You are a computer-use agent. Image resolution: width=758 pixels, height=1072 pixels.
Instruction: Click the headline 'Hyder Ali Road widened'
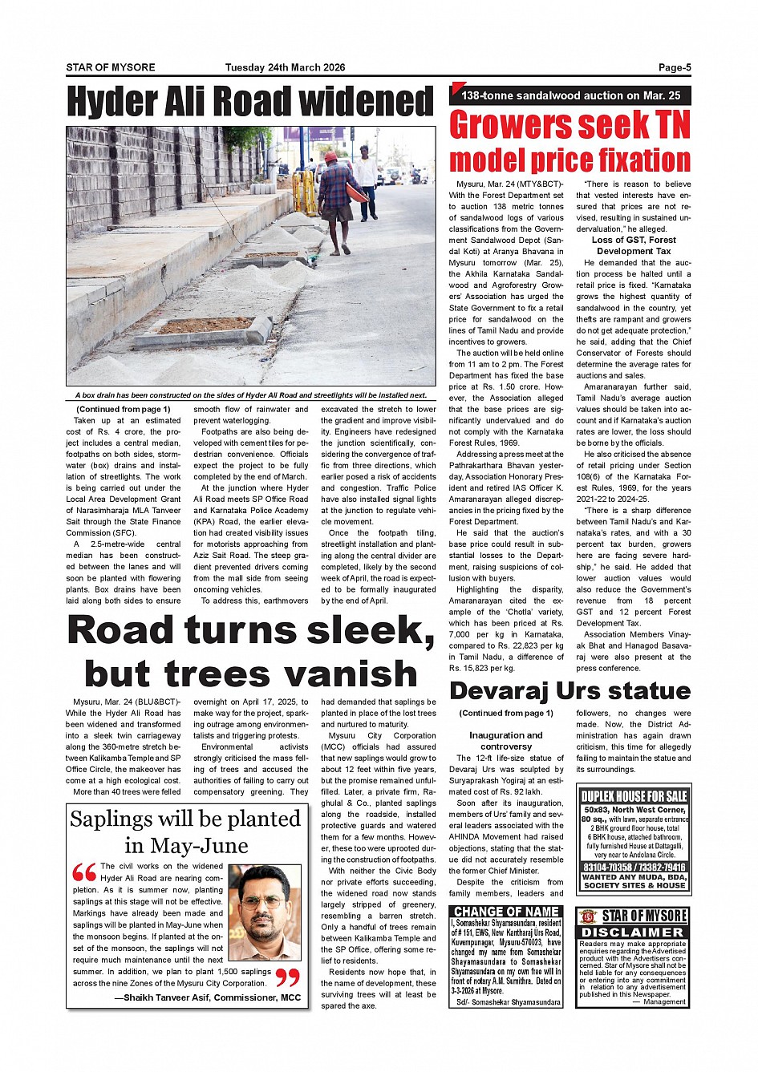click(249, 103)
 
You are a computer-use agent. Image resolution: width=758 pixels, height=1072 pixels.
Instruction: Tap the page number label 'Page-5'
click(675, 67)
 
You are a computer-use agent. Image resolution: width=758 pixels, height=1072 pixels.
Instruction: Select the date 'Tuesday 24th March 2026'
click(285, 67)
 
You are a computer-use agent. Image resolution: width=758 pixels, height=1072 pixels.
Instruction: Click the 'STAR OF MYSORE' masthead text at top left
click(111, 67)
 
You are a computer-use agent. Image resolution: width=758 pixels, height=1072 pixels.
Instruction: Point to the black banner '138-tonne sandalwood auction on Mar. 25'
click(570, 95)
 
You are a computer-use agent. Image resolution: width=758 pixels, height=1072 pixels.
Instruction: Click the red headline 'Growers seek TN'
click(570, 126)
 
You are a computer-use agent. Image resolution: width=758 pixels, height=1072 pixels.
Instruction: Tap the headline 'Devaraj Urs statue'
click(570, 690)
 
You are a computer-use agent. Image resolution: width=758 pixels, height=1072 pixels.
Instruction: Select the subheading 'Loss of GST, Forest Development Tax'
click(634, 245)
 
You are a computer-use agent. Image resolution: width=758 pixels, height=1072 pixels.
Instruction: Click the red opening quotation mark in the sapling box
click(83, 873)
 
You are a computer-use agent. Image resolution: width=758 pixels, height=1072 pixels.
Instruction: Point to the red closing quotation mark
click(287, 977)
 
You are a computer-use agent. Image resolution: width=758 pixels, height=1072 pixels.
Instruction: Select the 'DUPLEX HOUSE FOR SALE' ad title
click(634, 796)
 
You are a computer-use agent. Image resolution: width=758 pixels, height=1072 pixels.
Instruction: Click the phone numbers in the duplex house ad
click(634, 868)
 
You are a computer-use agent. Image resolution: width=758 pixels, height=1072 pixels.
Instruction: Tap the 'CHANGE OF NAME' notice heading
click(506, 912)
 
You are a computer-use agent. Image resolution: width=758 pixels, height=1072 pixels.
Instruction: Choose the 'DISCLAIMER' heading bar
click(633, 932)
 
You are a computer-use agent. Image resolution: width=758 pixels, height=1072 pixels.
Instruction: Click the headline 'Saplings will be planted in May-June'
click(186, 831)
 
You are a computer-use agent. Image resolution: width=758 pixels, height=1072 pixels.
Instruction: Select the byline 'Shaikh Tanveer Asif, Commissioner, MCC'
click(207, 997)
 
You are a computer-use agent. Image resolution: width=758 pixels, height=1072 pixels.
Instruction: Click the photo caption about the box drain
click(250, 395)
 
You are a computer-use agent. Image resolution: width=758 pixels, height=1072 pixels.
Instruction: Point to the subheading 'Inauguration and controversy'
click(506, 741)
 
